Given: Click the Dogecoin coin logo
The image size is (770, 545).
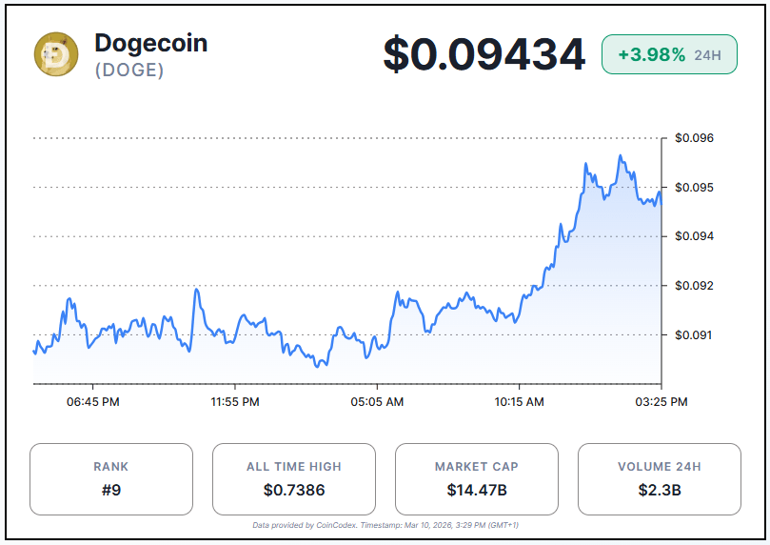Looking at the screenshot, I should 56,54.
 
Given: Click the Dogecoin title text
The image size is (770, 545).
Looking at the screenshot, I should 150,43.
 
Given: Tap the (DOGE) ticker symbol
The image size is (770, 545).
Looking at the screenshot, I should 129,71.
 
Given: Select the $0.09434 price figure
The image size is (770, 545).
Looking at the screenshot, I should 484,54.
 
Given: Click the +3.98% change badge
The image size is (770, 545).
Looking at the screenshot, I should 668,55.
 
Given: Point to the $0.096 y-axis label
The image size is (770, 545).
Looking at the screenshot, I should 694,138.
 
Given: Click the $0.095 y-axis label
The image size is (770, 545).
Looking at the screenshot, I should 694,188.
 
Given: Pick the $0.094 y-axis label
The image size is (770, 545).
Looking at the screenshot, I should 694,236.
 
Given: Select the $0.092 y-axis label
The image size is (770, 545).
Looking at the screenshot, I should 694,286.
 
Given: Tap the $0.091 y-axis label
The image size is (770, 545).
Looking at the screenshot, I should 694,335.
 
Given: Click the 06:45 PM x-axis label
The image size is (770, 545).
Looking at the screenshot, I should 93,402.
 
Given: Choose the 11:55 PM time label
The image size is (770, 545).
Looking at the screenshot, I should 235,402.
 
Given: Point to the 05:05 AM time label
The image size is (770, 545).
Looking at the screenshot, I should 377,402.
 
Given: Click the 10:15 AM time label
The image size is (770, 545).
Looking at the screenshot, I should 519,402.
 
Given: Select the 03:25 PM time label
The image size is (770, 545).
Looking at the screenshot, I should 661,402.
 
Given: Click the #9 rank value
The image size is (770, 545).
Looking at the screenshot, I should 110,491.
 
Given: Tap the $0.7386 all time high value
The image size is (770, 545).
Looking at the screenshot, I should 293,491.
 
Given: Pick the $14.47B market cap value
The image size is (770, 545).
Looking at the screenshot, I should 476,491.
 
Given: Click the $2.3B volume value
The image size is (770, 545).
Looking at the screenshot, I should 659,491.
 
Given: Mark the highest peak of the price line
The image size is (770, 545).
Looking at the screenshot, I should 620,156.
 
